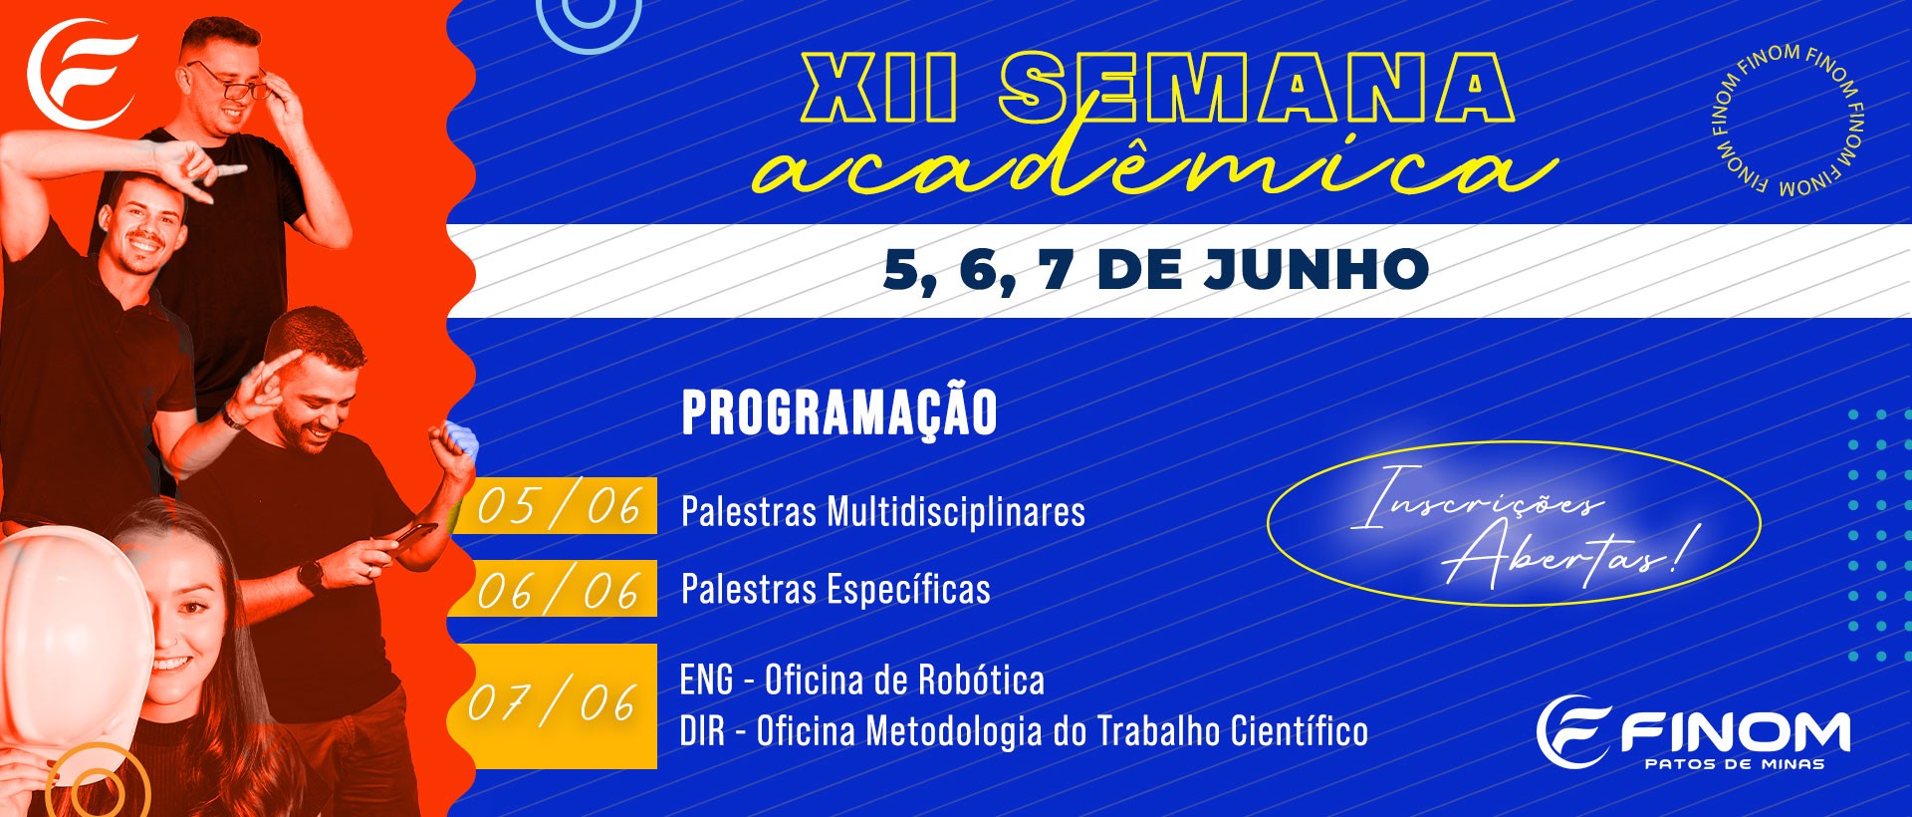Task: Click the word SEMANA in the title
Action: click(1257, 88)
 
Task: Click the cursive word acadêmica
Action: click(1153, 164)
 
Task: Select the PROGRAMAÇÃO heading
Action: click(839, 412)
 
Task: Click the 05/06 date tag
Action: click(556, 506)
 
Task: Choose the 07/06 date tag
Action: click(555, 705)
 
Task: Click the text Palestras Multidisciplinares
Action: click(883, 512)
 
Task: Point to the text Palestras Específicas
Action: click(836, 589)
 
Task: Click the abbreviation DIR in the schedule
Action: click(702, 732)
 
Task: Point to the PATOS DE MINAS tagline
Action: click(1735, 764)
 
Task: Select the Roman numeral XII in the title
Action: click(880, 88)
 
